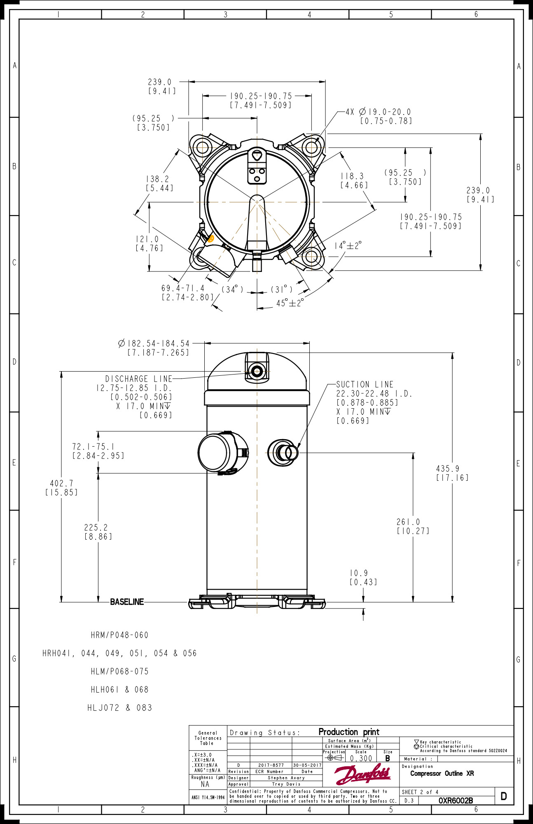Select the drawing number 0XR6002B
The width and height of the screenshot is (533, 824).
coord(455,801)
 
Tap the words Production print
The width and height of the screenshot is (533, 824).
coord(348,732)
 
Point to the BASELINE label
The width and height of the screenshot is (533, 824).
coord(127,602)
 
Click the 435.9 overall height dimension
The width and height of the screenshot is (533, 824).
coord(448,469)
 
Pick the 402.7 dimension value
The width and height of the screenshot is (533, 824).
coord(61,483)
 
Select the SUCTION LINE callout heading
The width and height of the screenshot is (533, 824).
coord(365,384)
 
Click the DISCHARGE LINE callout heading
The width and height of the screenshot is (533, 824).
coord(138,379)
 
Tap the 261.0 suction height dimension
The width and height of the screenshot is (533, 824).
coord(408,522)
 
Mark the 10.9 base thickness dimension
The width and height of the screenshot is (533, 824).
coord(359,573)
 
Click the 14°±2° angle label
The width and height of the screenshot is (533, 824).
coord(348,246)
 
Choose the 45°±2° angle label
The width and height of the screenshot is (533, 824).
coord(290,303)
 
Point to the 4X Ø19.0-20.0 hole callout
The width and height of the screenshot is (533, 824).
coord(378,112)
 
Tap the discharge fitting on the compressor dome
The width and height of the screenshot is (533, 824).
coord(257,371)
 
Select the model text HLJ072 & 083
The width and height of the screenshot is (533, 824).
coord(119,708)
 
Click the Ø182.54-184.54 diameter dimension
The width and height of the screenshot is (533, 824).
coord(154,344)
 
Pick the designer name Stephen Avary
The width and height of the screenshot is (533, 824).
coord(286,778)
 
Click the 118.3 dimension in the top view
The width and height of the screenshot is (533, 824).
coord(352,176)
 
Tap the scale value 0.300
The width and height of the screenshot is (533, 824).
coord(361,758)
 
